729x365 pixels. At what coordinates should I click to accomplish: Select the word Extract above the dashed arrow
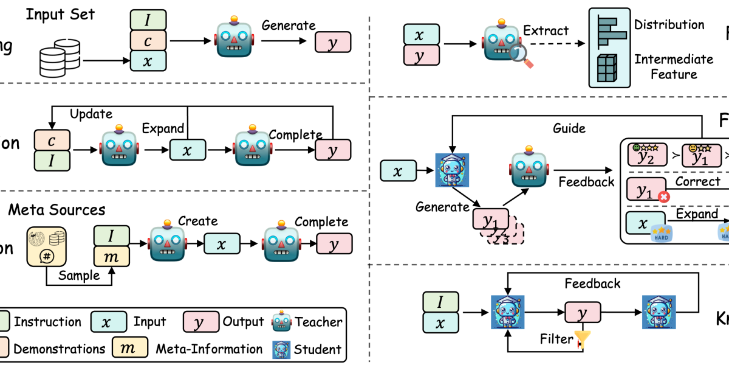[x=546, y=30]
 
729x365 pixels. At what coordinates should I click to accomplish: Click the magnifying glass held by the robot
[x=521, y=57]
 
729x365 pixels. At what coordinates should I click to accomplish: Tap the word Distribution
[x=669, y=25]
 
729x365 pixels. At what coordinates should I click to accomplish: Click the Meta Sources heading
[x=56, y=210]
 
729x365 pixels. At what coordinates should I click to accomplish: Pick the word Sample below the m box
[x=80, y=275]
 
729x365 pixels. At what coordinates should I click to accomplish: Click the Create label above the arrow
[x=197, y=221]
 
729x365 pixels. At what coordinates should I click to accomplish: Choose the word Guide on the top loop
[x=569, y=128]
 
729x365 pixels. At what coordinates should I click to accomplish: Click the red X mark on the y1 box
[x=663, y=198]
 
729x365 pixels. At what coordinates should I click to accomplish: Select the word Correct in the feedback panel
[x=697, y=181]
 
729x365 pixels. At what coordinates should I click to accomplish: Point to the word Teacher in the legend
[x=318, y=322]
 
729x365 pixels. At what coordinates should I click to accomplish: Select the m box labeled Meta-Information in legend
[x=130, y=349]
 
